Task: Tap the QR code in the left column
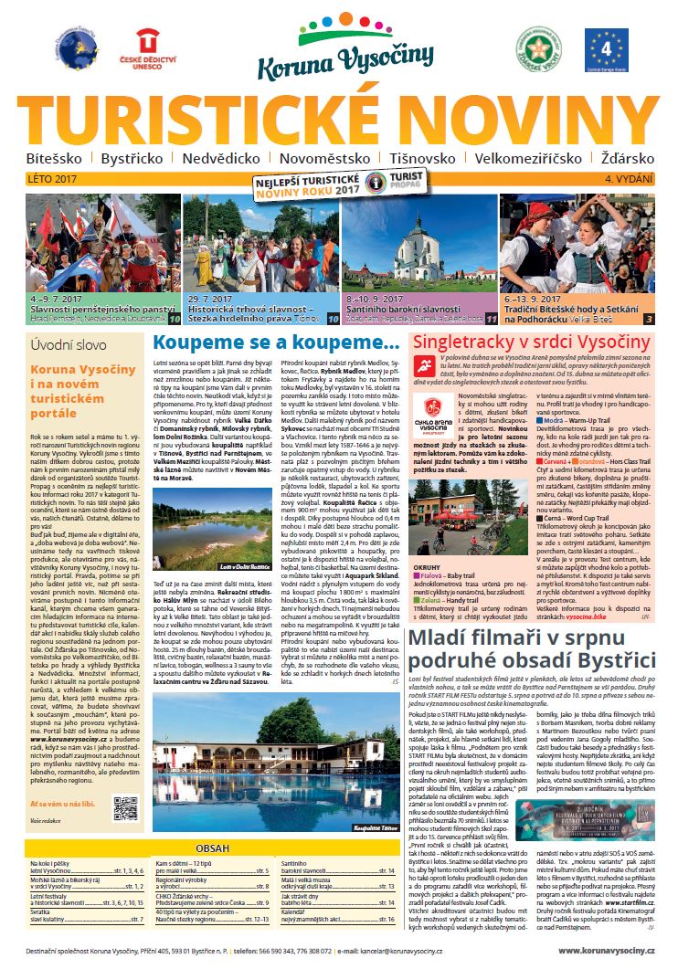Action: point(124,807)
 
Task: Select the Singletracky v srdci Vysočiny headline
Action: point(534,343)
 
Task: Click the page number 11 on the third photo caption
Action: point(491,319)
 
